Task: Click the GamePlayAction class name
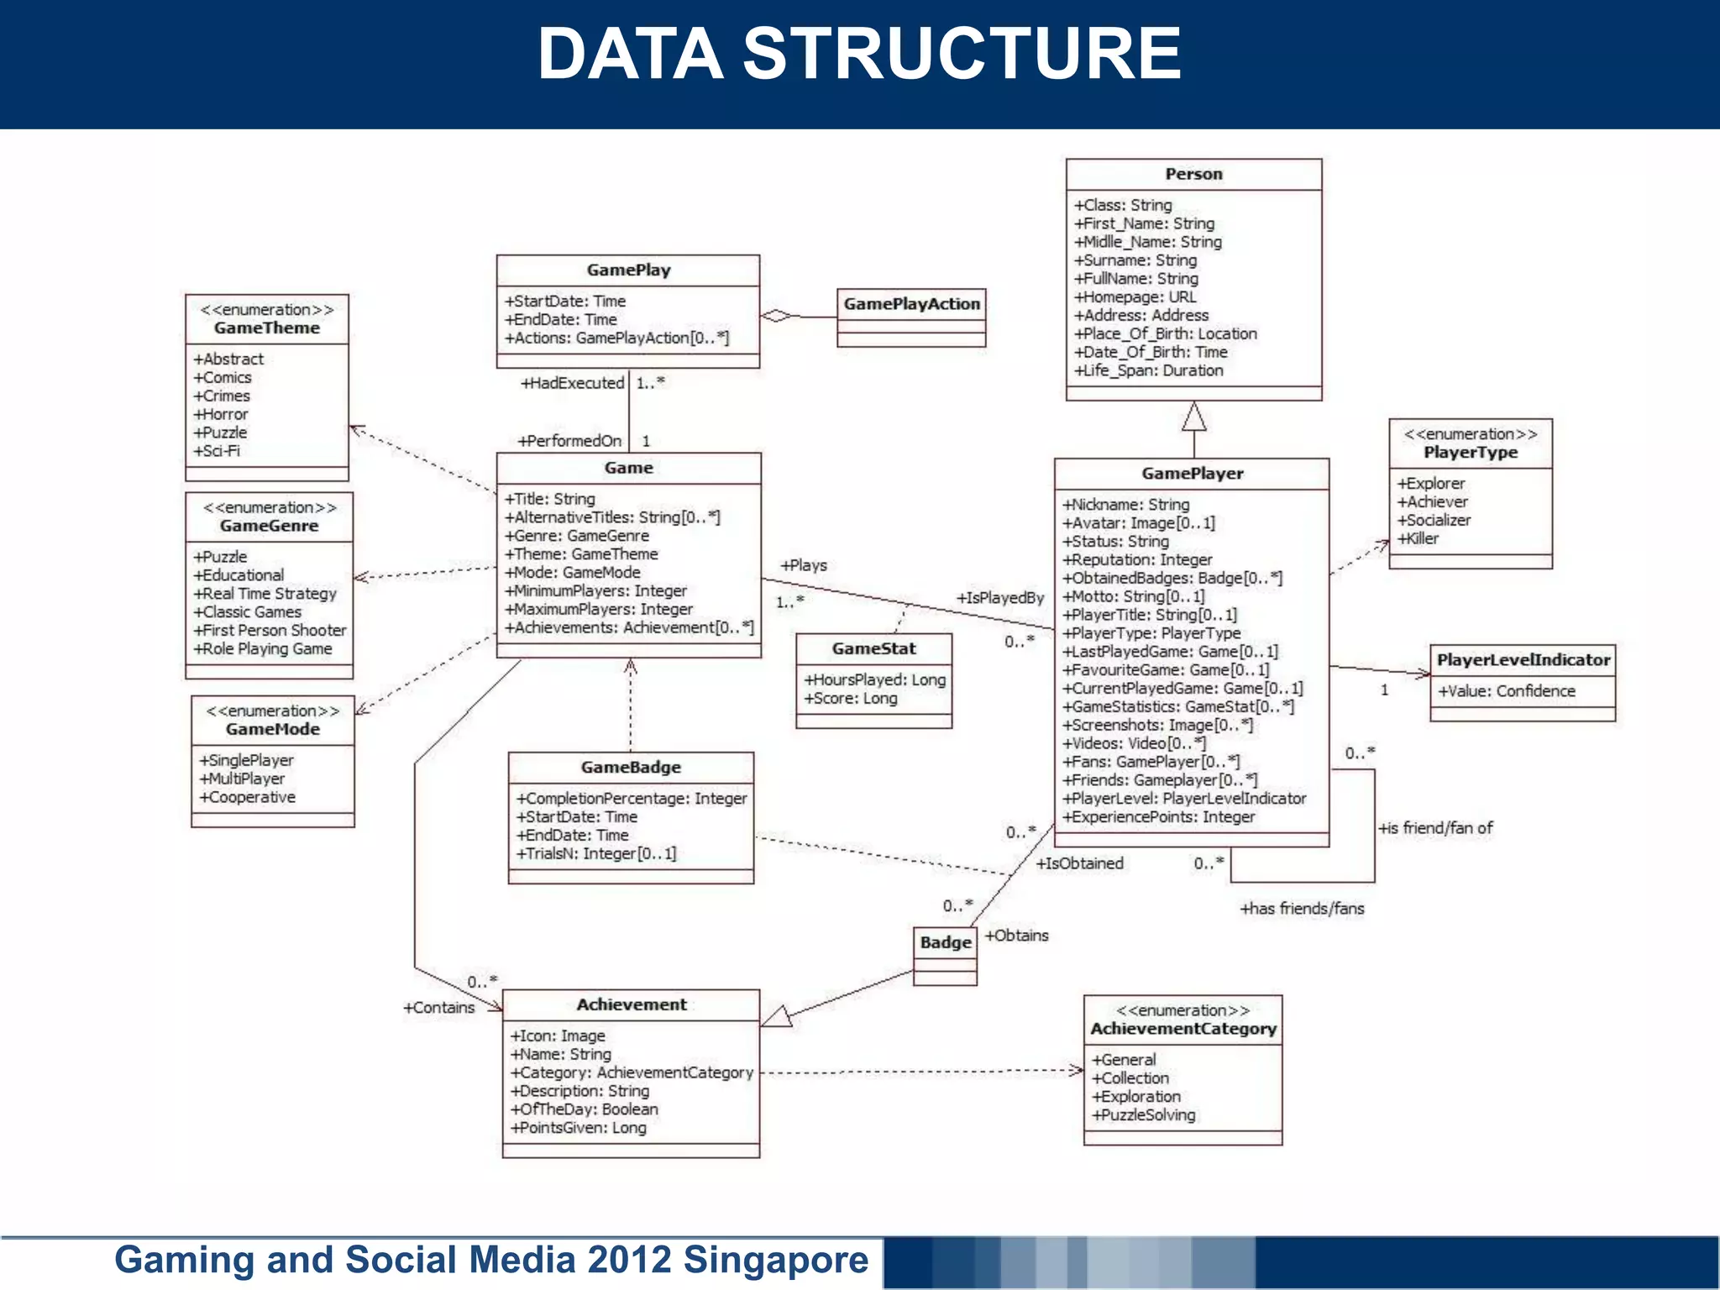coord(911,304)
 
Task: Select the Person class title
coord(1193,174)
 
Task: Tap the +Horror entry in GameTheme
coord(221,414)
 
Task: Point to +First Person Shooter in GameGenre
coord(270,630)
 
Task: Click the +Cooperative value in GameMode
coord(248,797)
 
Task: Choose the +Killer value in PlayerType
coord(1418,538)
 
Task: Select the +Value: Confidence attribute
coord(1507,690)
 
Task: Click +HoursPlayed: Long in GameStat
coord(874,679)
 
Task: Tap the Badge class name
coord(945,942)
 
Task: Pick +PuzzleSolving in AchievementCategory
coord(1143,1114)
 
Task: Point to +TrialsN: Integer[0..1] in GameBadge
coord(596,853)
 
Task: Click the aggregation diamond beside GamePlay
coord(776,316)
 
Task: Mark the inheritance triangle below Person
coord(1193,417)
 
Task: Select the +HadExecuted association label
coord(573,383)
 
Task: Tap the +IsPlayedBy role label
coord(999,597)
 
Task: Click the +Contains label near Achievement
coord(439,1007)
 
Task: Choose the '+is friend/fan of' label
coord(1435,827)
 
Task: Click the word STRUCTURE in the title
coord(962,54)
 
